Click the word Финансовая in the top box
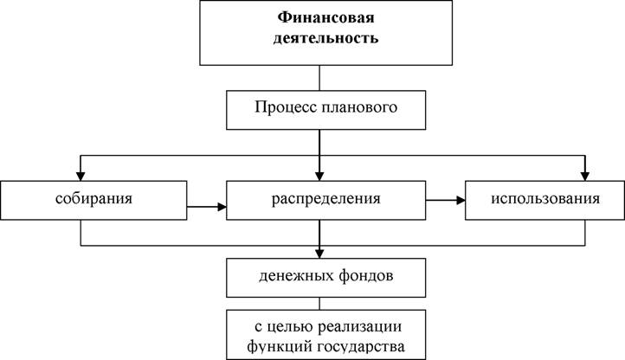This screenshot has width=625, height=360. [325, 18]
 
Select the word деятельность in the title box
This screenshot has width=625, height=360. [325, 38]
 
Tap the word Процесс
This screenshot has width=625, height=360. [286, 107]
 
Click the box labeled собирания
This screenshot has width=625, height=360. [93, 200]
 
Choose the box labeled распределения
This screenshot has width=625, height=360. [326, 200]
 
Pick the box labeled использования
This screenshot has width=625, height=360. [544, 200]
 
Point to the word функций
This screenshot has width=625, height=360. [280, 346]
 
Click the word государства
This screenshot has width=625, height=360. [361, 346]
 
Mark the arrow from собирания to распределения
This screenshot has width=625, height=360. [207, 207]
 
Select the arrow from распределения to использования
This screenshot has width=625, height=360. [445, 200]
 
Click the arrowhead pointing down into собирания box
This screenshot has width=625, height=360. [81, 177]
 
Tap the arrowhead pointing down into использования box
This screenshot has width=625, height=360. [585, 177]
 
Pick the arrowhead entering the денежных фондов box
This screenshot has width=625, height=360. [319, 254]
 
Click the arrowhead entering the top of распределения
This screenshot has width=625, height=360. [319, 177]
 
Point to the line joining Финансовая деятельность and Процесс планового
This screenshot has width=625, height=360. [319, 78]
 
